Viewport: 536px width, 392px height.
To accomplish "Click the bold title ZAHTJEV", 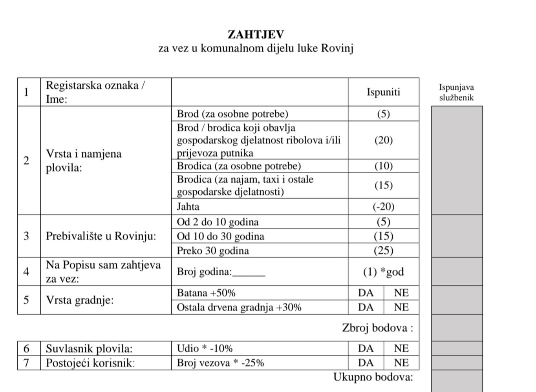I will click(x=256, y=34).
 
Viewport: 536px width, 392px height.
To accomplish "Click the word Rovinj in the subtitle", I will click(x=337, y=48).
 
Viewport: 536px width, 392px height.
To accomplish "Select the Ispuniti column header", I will click(x=383, y=92).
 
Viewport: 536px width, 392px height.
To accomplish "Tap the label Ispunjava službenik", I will click(x=456, y=93).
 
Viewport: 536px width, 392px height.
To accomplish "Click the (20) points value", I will click(x=383, y=140).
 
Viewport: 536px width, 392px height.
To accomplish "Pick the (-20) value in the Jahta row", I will click(x=383, y=207).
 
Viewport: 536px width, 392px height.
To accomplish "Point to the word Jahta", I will click(x=188, y=207).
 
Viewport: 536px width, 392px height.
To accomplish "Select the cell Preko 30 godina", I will click(x=213, y=250).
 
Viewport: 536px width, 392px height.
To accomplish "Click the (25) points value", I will click(x=383, y=250).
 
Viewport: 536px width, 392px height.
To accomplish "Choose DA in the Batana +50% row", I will click(x=366, y=293).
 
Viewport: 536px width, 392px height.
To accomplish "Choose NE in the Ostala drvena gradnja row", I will click(x=401, y=307).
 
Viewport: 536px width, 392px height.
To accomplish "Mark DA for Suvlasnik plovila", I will click(x=366, y=348).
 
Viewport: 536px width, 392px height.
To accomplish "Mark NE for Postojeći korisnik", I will click(x=401, y=363).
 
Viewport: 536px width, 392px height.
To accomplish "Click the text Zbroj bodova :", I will click(x=377, y=328).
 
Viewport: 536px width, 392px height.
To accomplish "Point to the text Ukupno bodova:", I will click(x=373, y=377).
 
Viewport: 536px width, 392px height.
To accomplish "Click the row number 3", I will click(x=26, y=236).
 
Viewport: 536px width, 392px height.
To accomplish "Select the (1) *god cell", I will click(x=383, y=272).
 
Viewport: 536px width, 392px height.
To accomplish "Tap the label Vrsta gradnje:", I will click(x=80, y=300).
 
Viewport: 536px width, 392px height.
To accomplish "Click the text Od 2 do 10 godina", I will click(x=218, y=222).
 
